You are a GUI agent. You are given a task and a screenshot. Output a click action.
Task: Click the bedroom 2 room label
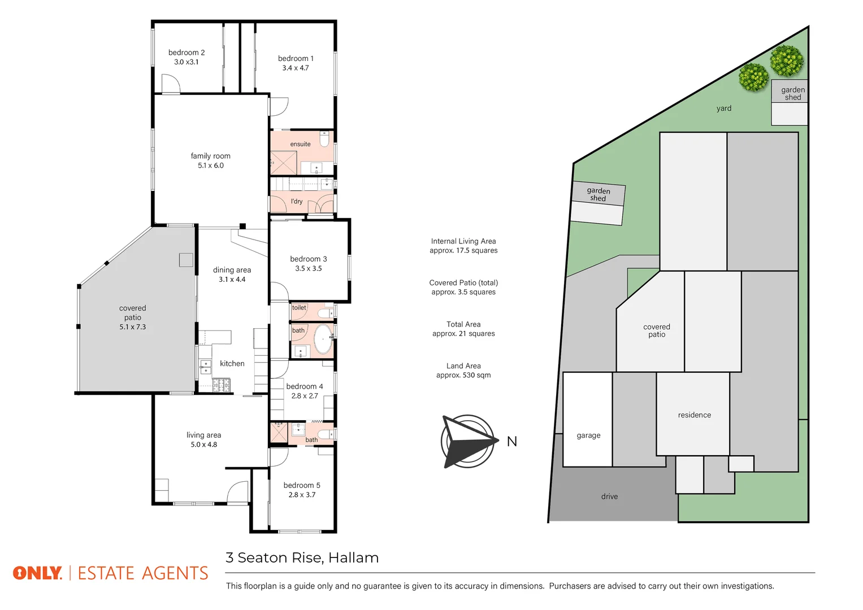(x=187, y=53)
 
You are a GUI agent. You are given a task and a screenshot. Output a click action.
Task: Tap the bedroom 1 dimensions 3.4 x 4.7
(x=296, y=68)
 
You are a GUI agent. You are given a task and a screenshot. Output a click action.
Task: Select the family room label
(x=210, y=156)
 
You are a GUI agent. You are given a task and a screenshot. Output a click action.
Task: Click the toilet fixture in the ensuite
(x=324, y=138)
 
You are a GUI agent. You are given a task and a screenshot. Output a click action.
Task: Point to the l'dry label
(x=297, y=201)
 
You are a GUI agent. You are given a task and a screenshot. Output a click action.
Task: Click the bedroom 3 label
(x=308, y=259)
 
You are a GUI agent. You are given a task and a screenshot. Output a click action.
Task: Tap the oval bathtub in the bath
(x=323, y=339)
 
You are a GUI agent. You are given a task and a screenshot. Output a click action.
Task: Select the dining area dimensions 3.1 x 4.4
(x=232, y=280)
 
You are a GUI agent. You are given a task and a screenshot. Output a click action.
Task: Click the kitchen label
(x=232, y=364)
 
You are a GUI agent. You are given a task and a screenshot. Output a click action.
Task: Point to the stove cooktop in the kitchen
(x=221, y=385)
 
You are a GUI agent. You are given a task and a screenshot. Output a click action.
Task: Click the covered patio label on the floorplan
(x=133, y=312)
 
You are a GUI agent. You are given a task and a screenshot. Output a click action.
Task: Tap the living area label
(x=203, y=435)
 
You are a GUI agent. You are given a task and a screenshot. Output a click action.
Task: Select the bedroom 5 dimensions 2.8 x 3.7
(x=302, y=495)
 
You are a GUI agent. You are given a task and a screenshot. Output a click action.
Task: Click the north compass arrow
(x=468, y=441)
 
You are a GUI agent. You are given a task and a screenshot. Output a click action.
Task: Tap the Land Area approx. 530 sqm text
(x=463, y=371)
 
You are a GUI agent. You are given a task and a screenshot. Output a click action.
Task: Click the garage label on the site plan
(x=588, y=435)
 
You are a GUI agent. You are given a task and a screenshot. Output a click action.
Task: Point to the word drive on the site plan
(x=609, y=496)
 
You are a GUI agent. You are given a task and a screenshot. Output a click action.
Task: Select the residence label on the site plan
(x=694, y=415)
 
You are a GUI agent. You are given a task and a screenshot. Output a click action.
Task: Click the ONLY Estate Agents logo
(x=111, y=573)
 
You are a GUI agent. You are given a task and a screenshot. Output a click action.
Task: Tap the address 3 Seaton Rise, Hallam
(x=302, y=558)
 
